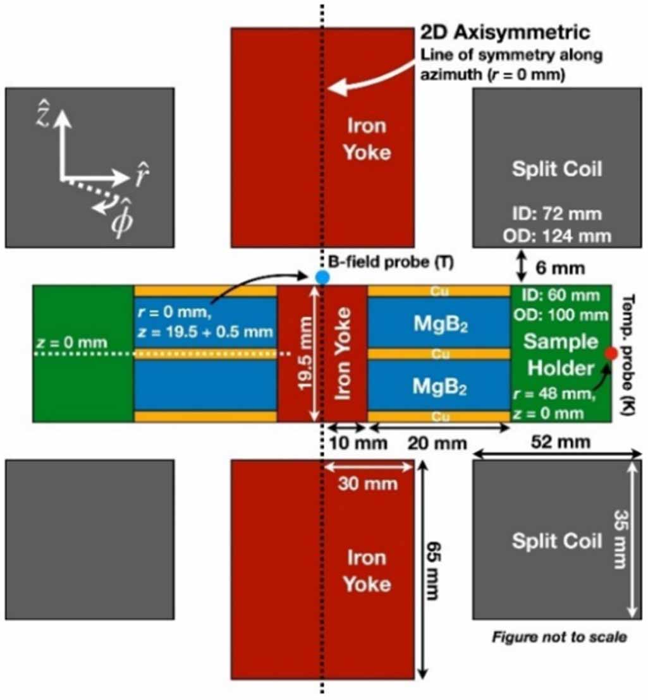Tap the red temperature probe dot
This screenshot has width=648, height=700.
[x=610, y=354]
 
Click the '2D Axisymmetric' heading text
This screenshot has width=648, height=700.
[x=506, y=32]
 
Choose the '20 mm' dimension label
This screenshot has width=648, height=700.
[x=437, y=443]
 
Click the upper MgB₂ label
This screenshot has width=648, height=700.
[x=439, y=323]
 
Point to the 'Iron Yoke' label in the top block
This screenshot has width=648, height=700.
[x=367, y=139]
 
